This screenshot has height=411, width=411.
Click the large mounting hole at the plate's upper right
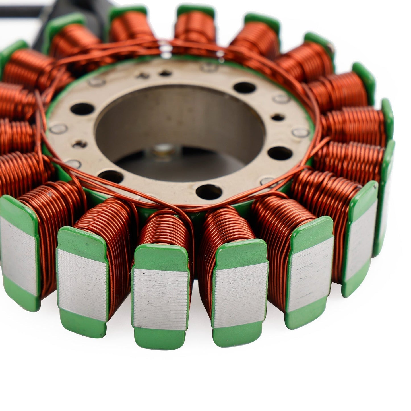pyautogui.click(x=244, y=88)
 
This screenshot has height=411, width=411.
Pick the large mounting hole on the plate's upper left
pyautogui.click(x=82, y=109)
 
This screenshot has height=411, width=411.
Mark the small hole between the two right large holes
pyautogui.click(x=278, y=117)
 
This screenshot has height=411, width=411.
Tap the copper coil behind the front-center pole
pyautogui.click(x=165, y=228)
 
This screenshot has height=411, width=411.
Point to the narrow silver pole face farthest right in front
pyautogui.click(x=361, y=247)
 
